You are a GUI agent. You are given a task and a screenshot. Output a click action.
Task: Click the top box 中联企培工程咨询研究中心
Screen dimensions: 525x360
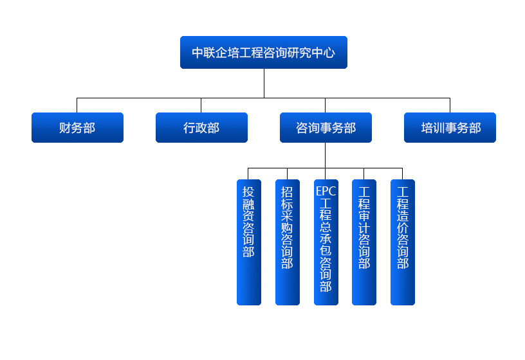click(264, 53)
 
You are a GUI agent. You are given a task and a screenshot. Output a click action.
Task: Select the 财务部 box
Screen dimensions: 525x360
click(77, 127)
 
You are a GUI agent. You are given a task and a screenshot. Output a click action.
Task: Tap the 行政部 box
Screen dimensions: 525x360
click(201, 127)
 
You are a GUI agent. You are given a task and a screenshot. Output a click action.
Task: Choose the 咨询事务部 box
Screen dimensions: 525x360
click(326, 127)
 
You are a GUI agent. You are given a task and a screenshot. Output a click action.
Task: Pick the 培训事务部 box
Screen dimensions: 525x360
click(450, 127)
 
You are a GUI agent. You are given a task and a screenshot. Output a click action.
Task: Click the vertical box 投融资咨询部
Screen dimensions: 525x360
click(249, 242)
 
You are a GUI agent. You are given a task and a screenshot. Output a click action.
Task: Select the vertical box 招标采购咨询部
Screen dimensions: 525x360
click(288, 242)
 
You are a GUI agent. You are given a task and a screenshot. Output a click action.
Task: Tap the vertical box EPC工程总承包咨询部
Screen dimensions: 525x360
click(326, 242)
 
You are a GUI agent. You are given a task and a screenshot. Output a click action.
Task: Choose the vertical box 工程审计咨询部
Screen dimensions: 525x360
click(364, 242)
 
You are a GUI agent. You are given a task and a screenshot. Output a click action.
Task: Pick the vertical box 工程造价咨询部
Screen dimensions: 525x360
click(403, 242)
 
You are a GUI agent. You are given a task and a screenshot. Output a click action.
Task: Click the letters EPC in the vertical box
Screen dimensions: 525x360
click(326, 191)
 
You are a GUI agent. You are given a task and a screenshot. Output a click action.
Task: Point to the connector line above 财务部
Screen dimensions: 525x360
click(77, 105)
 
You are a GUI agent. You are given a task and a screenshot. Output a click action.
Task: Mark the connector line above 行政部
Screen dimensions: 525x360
click(201, 105)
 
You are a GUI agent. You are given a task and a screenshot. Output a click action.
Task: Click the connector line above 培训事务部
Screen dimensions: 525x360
click(450, 105)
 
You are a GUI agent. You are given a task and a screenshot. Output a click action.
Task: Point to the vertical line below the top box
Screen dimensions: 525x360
click(264, 84)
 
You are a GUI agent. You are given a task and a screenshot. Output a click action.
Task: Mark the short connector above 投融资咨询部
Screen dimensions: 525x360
click(248, 174)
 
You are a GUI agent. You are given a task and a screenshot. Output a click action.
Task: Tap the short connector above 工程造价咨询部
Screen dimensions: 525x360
click(403, 174)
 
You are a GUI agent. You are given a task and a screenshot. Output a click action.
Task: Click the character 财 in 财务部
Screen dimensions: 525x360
click(65, 128)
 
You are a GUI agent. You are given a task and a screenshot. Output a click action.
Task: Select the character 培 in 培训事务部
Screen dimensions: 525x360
click(427, 128)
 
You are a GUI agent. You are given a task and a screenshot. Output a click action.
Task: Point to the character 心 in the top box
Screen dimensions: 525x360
click(329, 53)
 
